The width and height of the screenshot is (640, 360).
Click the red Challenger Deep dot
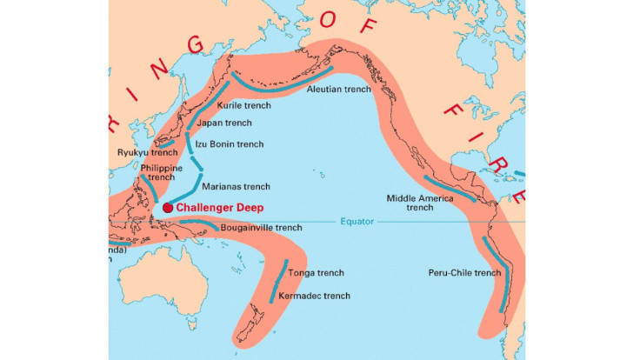[x=167, y=208]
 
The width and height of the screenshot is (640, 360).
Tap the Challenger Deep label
[x=219, y=208]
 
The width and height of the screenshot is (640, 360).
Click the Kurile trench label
[x=245, y=106]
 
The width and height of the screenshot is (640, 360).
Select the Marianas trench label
[x=236, y=187]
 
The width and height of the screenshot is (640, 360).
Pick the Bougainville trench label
[x=261, y=228]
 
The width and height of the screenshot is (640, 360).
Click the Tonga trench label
[x=317, y=272]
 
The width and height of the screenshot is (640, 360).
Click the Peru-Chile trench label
[x=465, y=272]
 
